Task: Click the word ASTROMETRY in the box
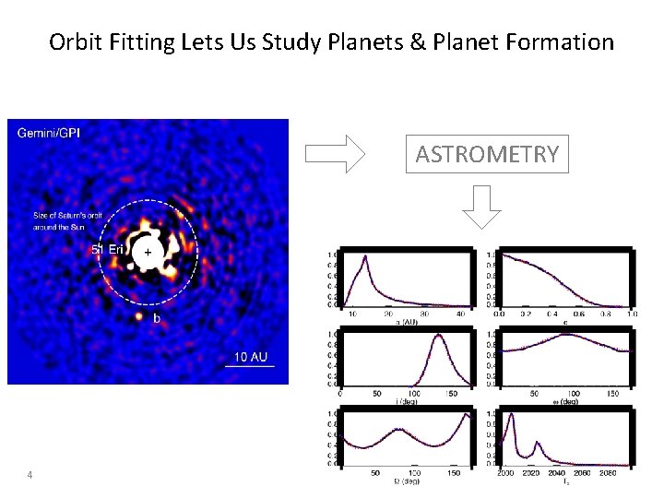coord(487,154)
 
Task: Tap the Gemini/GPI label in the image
coord(49,133)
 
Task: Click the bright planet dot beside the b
coord(139,316)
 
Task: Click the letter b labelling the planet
coord(157,318)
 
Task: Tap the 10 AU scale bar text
coord(251,357)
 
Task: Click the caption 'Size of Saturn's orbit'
coord(73,217)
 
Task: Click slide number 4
coord(30,475)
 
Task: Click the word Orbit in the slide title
coord(71,42)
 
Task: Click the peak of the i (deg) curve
coord(439,336)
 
